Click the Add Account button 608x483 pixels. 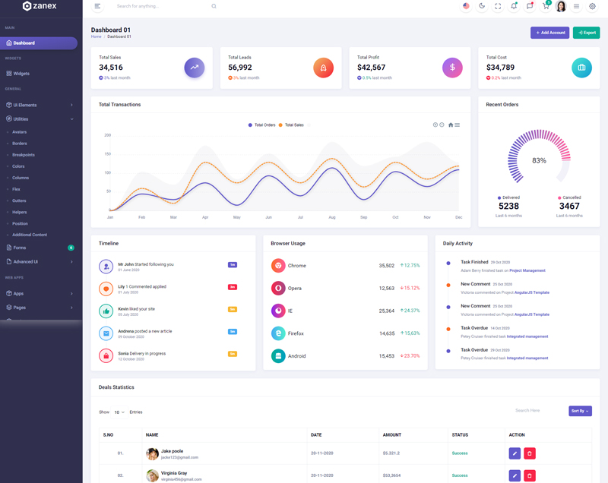tap(549, 33)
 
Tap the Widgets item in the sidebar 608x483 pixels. tap(21, 74)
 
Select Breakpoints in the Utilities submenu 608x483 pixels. tap(24, 155)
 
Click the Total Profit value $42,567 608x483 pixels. tap(371, 68)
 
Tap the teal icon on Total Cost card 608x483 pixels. tap(581, 68)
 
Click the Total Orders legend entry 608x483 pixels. tap(262, 125)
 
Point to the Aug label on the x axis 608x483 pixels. tap(332, 217)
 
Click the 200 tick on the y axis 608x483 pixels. tap(108, 135)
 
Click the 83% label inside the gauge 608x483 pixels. tap(539, 160)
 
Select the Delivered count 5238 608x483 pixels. tap(508, 206)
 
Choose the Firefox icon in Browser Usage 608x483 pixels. tap(278, 333)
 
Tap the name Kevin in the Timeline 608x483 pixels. tap(123, 309)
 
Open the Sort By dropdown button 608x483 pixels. tap(580, 411)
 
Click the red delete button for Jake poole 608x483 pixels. tap(530, 453)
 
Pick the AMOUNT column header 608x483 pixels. tap(392, 434)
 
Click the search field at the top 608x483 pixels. tap(160, 6)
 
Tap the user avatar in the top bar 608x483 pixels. tap(561, 7)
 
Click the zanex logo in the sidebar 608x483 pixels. tap(40, 6)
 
